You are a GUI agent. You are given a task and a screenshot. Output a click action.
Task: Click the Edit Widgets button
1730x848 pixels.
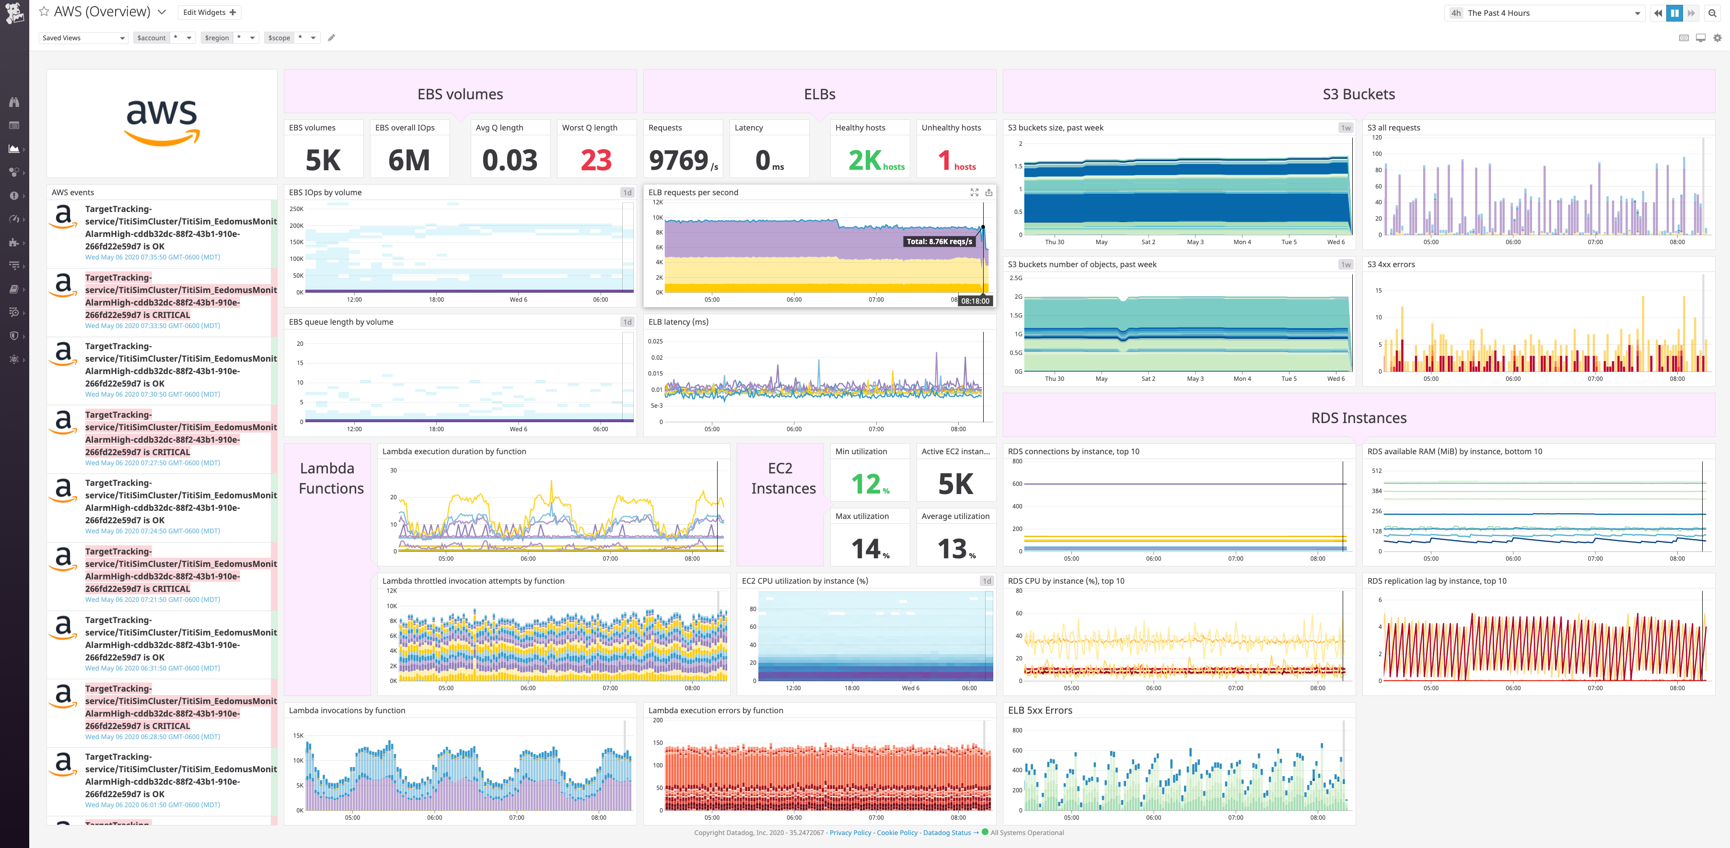click(x=209, y=12)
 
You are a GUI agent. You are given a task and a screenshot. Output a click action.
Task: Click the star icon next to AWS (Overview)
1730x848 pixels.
click(x=44, y=12)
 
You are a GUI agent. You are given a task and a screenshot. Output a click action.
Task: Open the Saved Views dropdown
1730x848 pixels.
click(x=83, y=37)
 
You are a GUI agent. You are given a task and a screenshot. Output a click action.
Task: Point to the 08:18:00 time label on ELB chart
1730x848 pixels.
click(x=975, y=301)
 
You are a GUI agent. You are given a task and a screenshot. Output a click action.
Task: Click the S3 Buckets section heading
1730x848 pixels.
click(x=1358, y=94)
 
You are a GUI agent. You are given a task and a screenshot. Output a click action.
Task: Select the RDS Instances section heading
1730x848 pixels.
click(x=1358, y=418)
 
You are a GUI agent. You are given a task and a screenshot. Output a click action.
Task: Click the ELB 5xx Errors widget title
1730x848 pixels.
click(x=1040, y=710)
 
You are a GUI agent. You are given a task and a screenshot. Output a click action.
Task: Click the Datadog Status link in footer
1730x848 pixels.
click(x=946, y=833)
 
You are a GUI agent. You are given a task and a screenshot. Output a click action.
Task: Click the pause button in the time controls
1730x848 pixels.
click(x=1674, y=13)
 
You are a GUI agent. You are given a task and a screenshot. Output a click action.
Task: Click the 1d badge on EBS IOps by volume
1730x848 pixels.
click(x=627, y=192)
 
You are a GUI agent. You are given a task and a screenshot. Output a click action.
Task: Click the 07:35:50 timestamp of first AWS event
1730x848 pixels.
click(x=152, y=258)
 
